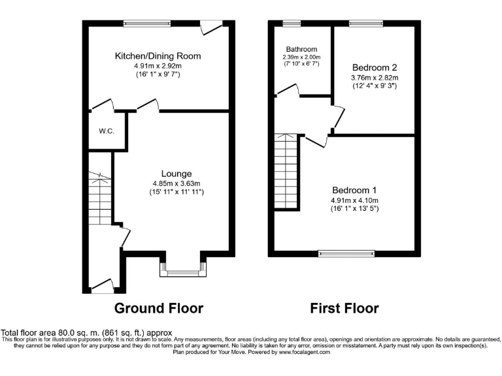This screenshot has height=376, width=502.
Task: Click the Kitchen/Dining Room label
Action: [158, 56]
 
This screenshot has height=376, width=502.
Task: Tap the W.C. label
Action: [107, 131]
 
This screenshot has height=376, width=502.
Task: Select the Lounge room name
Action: [177, 174]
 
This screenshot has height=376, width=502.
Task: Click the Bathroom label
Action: [301, 50]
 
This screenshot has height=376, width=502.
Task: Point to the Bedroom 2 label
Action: [375, 67]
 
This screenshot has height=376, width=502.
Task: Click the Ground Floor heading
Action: [159, 308]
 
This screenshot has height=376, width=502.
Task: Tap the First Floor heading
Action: [344, 308]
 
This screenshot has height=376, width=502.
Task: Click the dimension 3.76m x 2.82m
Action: [375, 77]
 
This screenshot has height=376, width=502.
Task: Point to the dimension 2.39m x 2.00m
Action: [301, 57]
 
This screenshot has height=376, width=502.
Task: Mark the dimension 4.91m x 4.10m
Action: [354, 200]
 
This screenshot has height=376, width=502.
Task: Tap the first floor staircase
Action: [286, 170]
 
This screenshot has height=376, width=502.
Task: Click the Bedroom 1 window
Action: [346, 253]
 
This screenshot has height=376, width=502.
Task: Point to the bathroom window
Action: [292, 24]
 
